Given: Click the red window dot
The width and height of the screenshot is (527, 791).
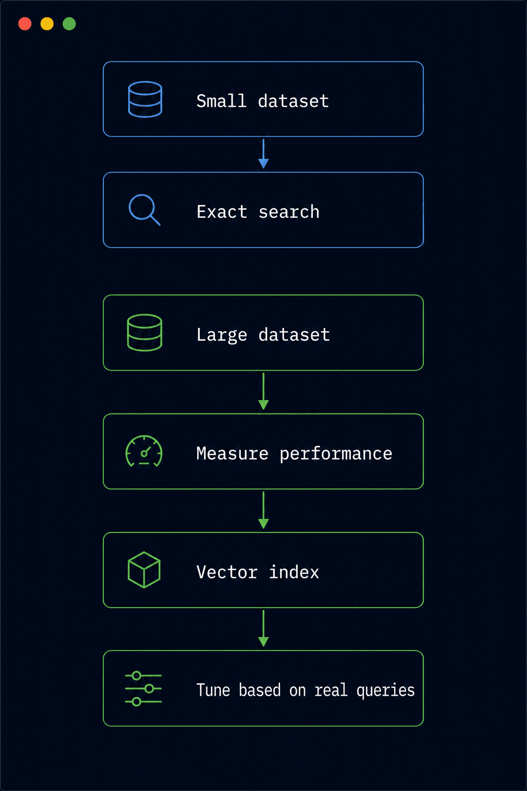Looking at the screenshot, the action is pos(25,24).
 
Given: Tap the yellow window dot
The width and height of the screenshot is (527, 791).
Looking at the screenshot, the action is pos(47,24).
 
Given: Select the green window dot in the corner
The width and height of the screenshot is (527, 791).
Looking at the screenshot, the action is pos(69,24).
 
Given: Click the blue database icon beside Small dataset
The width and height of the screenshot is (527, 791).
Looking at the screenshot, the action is pos(145,99).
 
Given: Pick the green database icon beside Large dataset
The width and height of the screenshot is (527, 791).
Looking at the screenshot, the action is pos(145,333).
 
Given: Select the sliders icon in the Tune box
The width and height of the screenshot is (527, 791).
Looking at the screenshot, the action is pos(143,689).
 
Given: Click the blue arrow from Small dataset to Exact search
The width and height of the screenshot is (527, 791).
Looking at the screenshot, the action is pos(263,153).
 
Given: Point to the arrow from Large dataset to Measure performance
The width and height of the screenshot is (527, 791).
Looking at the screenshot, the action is pos(263,391).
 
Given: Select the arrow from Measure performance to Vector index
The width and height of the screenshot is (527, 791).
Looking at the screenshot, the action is pos(263,510).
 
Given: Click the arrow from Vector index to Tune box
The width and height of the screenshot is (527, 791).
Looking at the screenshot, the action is pos(263,628).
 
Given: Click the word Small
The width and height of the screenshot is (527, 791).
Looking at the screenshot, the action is pos(221,101).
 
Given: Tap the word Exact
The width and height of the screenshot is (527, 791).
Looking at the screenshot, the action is pos(222,212).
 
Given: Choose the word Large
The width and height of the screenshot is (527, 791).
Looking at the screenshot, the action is pos(222,335).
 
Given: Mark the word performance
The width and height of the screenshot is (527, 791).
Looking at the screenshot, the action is pos(336,454).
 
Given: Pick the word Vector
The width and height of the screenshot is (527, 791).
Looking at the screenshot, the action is pos(227,572).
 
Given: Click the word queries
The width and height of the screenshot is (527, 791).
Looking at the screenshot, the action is pos(385,691).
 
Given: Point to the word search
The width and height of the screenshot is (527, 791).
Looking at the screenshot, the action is pos(289,212).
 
